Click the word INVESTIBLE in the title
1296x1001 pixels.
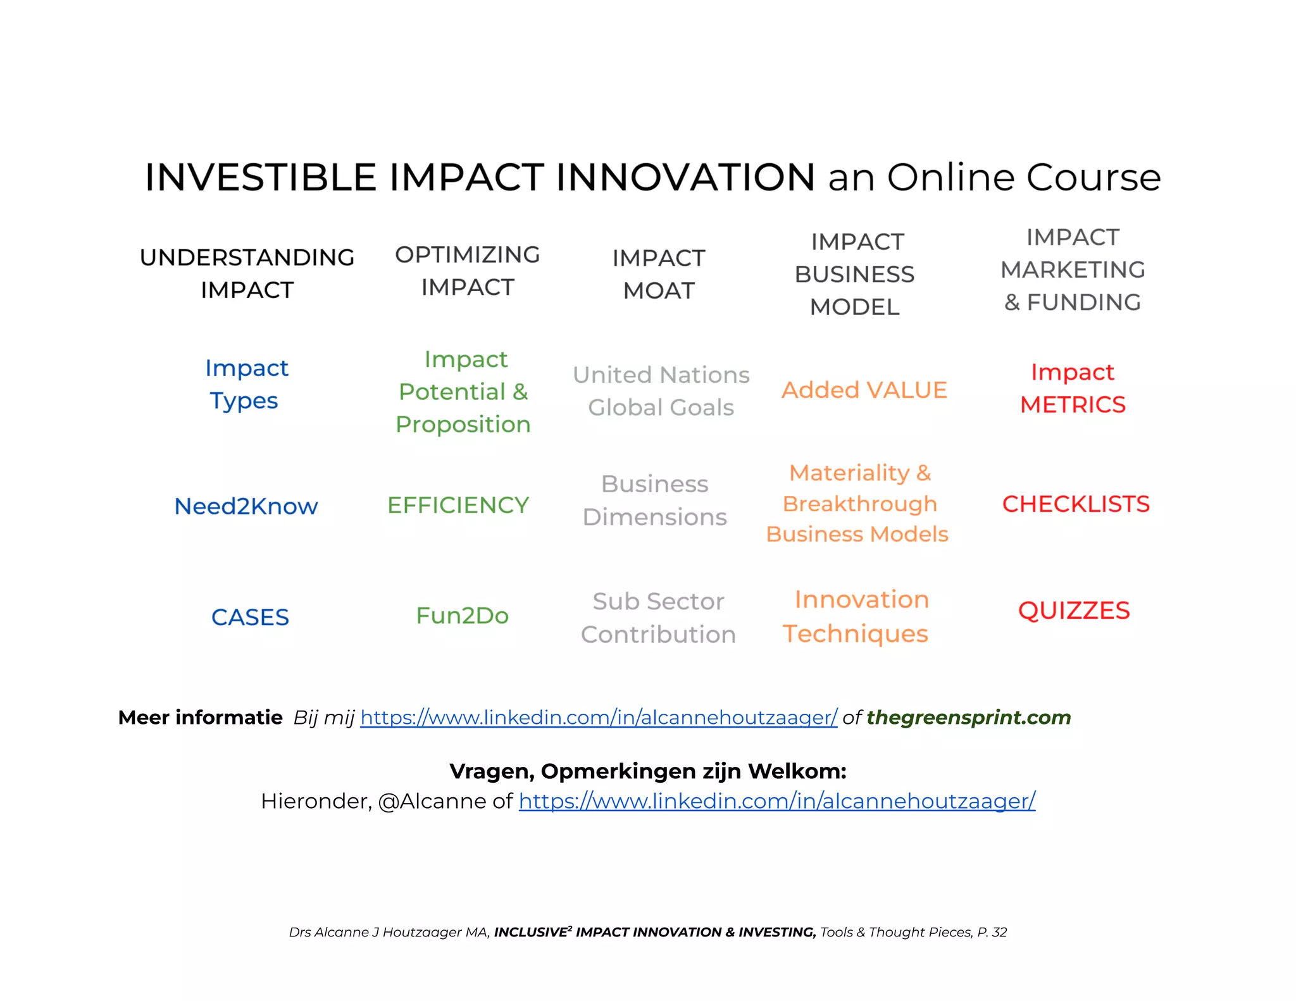tap(260, 177)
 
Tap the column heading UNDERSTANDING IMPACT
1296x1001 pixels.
tap(247, 273)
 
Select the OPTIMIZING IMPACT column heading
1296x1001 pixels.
tap(467, 271)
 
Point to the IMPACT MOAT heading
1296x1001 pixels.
tap(658, 274)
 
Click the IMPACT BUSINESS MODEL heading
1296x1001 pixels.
tap(855, 274)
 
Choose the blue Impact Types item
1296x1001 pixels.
tap(246, 384)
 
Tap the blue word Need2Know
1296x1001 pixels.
tap(246, 506)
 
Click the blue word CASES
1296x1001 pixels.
tap(250, 617)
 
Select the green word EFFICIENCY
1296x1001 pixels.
tap(458, 505)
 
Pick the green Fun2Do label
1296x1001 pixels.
tap(462, 616)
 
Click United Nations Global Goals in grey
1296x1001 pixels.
tap(661, 391)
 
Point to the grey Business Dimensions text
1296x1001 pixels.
tap(654, 500)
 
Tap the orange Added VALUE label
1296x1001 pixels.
tap(864, 390)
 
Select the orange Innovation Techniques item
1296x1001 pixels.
tap(858, 616)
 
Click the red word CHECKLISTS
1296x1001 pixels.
tap(1075, 504)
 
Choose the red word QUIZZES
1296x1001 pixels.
tap(1074, 611)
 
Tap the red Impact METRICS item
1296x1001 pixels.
tap(1073, 388)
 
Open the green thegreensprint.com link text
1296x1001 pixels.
tap(968, 718)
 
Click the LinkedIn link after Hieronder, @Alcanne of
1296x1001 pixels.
tap(776, 801)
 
